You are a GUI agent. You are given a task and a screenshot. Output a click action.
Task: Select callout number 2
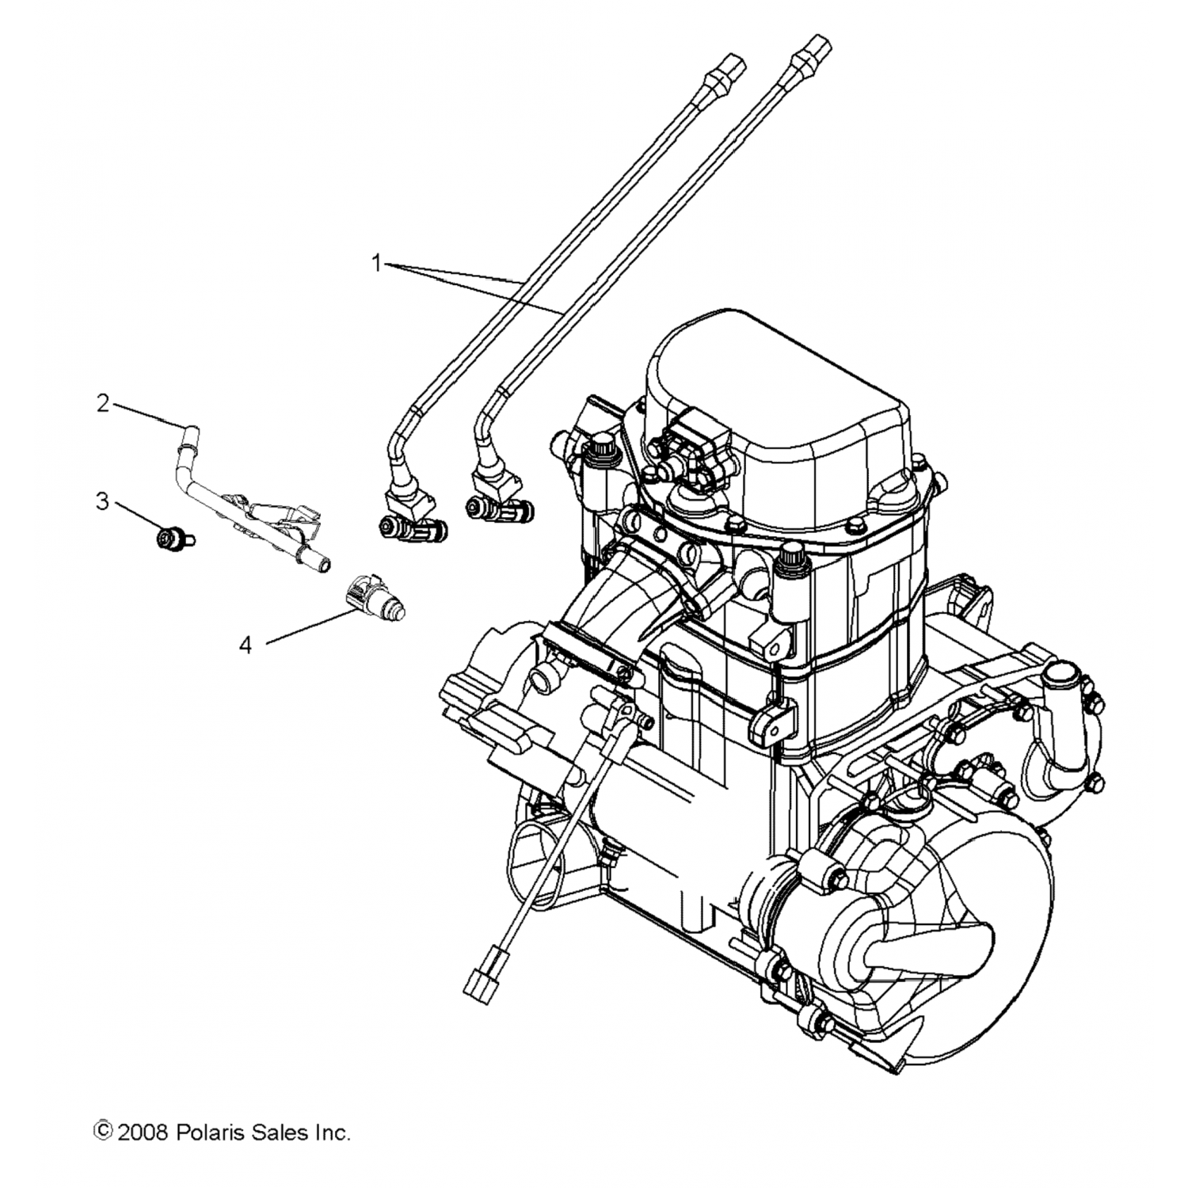[x=103, y=404]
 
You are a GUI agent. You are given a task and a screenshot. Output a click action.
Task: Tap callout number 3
[x=102, y=501]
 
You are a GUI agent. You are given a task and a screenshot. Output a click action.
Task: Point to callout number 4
[x=246, y=646]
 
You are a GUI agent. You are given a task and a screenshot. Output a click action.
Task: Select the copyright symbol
[x=102, y=1132]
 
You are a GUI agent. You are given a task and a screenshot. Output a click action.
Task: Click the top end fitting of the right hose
[x=809, y=51]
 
